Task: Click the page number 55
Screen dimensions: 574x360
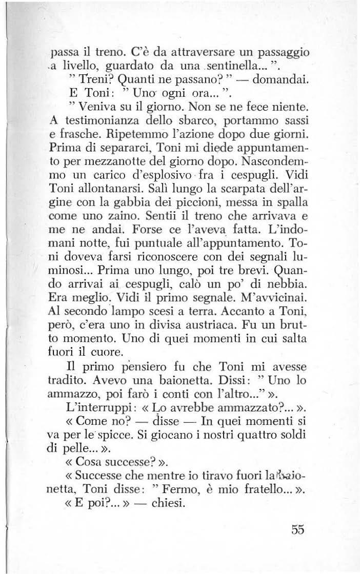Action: click(296, 530)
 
